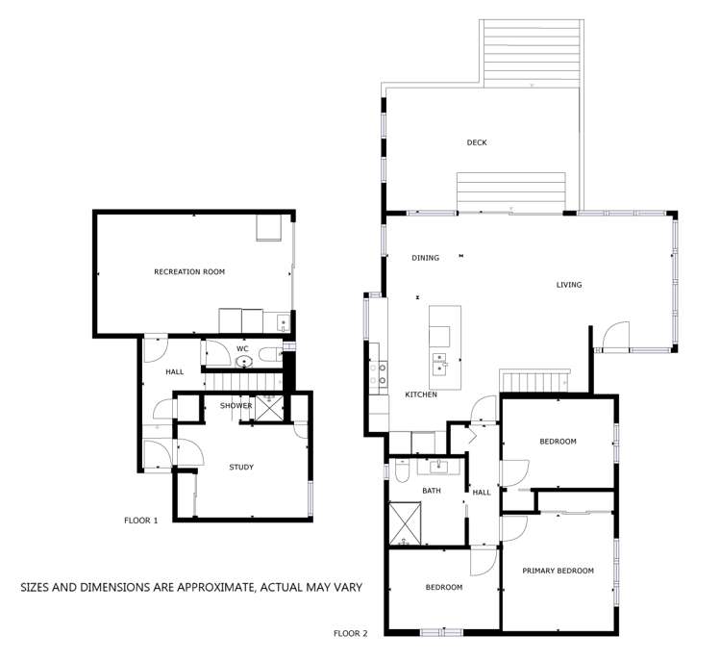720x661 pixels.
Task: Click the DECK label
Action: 477,142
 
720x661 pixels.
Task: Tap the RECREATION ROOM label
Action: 189,272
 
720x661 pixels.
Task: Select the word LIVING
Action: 569,285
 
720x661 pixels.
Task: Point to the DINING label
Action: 425,258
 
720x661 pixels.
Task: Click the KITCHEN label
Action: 421,394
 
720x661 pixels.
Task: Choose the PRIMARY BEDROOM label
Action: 558,571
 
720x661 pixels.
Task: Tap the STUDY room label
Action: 240,468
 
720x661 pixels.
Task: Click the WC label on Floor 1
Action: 242,348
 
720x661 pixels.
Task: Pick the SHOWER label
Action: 236,406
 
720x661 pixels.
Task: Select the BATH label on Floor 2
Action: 432,492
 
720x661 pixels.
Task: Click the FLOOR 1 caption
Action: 140,521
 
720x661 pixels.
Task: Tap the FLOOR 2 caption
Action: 350,634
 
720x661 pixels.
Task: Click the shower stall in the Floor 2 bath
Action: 409,524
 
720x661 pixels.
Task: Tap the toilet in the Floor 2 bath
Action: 403,470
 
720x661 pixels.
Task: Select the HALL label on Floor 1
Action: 174,371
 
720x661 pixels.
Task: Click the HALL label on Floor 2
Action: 482,492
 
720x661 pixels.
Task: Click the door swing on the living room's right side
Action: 611,336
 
